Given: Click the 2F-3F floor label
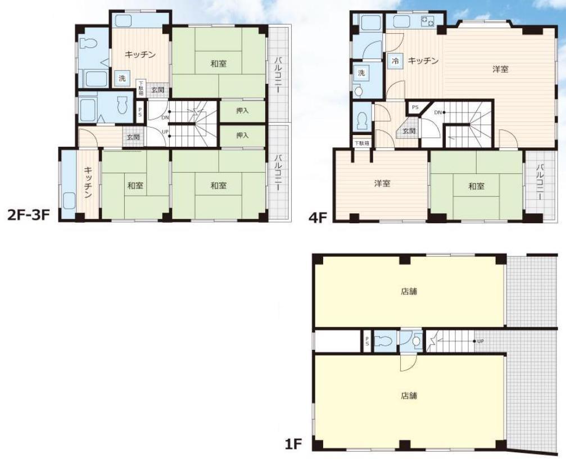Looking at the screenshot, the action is click(28, 215).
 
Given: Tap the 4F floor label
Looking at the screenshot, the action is click(318, 218).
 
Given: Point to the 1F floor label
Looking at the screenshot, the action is click(293, 444).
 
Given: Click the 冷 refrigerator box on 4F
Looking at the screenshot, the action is click(395, 61).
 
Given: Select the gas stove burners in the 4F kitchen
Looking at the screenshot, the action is click(427, 21).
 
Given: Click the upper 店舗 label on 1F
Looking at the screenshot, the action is click(409, 291).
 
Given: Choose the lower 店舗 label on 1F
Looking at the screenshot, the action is click(409, 396).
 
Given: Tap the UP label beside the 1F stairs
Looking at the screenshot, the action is click(480, 341).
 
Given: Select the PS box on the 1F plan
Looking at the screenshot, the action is click(367, 341).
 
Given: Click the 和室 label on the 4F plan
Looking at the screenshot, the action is click(476, 186).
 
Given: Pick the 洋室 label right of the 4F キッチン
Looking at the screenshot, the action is click(500, 69).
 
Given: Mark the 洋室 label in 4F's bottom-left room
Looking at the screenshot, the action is click(382, 183).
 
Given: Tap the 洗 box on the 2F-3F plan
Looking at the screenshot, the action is click(123, 78).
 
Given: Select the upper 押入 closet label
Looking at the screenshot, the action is click(242, 110).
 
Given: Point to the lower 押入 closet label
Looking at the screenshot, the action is click(242, 136).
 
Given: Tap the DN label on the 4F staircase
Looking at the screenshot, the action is click(438, 112).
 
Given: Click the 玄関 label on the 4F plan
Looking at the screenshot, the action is click(409, 130).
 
